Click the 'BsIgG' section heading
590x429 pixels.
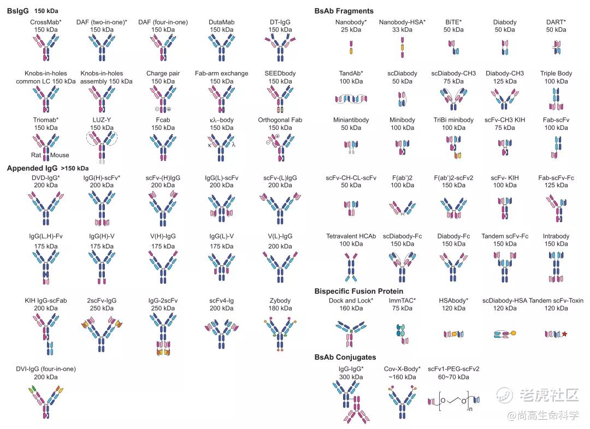(17, 10)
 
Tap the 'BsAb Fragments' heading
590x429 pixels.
(344, 10)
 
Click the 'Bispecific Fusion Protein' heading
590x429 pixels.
(359, 291)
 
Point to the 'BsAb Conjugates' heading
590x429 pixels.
(345, 357)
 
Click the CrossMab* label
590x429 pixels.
(46, 22)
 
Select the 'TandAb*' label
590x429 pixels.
(351, 73)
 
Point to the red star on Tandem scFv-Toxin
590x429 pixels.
(564, 333)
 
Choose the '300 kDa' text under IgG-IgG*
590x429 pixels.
(351, 377)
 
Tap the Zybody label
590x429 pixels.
(280, 300)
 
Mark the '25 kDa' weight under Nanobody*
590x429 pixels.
(351, 29)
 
